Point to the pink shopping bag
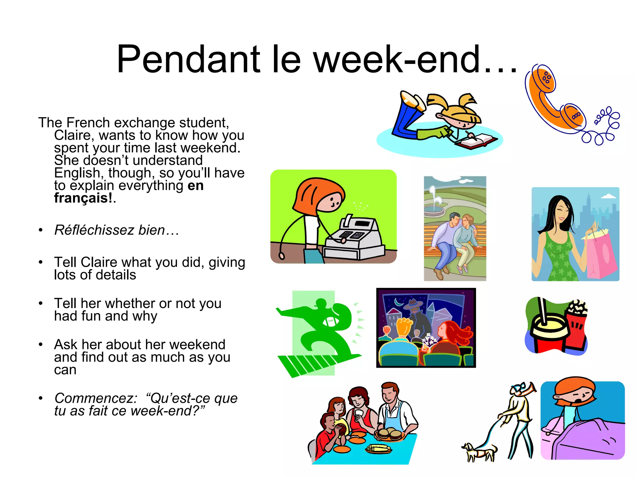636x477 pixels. tap(601, 255)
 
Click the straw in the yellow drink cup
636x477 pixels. tap(542, 311)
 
